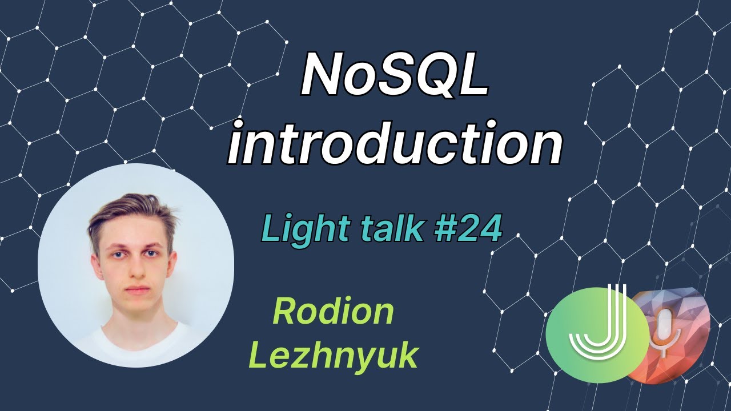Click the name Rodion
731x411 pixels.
(x=333, y=312)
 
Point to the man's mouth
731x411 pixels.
(x=136, y=291)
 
